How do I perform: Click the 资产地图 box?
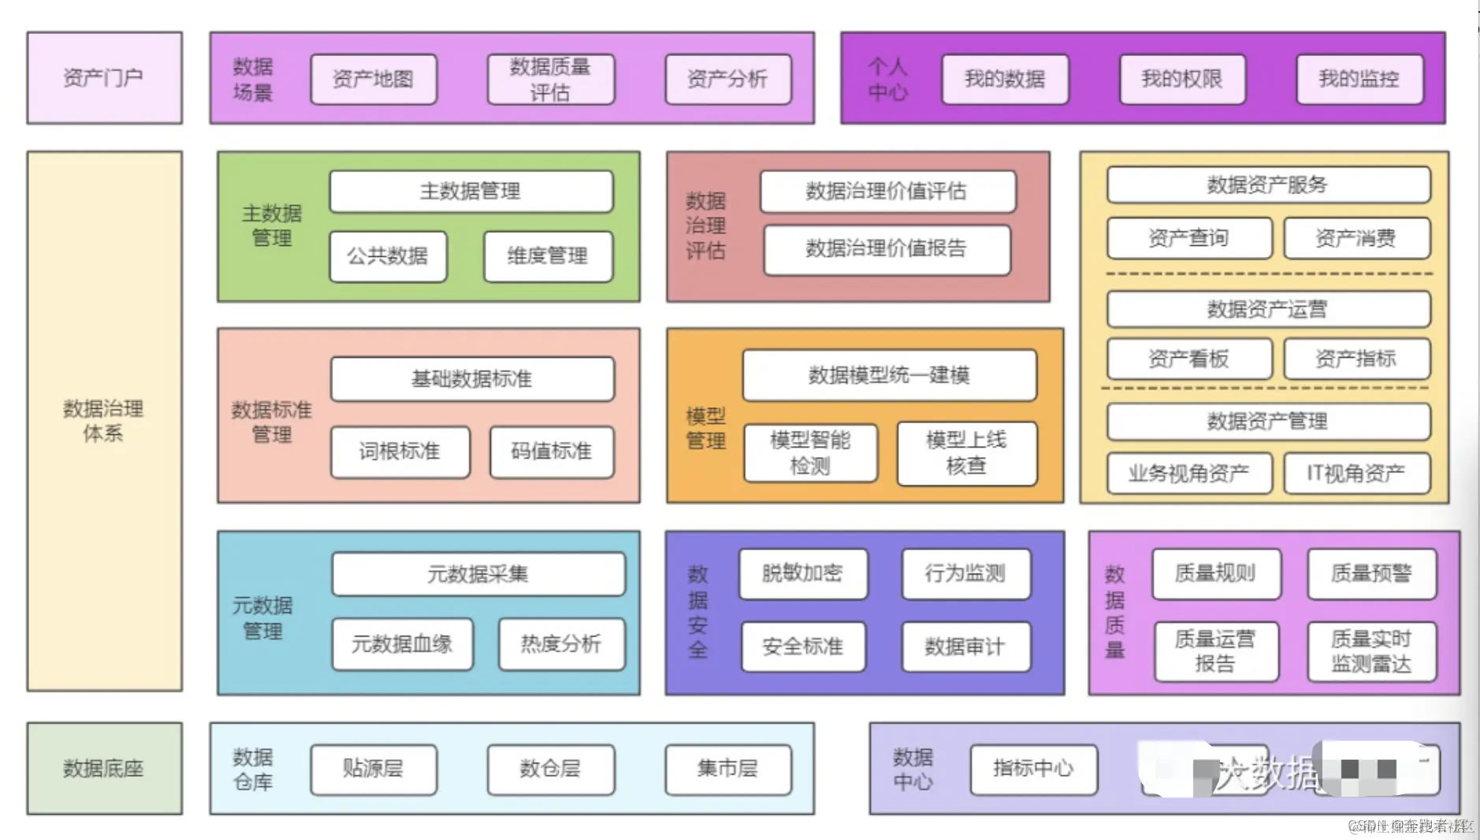tap(374, 79)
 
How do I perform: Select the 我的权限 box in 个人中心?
tap(1182, 79)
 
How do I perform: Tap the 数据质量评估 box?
tap(550, 79)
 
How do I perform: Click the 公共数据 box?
tap(388, 256)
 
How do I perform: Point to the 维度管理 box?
tap(548, 256)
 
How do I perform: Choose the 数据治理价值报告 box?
tap(887, 249)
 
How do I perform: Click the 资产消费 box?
tap(1356, 238)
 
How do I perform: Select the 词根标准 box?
tap(400, 452)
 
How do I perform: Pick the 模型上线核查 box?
tap(966, 453)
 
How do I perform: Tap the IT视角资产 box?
tap(1356, 473)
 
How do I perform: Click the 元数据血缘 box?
tap(402, 644)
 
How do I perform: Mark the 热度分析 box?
tap(561, 644)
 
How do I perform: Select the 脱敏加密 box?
tap(802, 574)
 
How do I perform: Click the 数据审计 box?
tap(965, 647)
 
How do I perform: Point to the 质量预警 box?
tap(1371, 574)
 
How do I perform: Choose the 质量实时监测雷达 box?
tap(1371, 651)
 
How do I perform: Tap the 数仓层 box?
tap(550, 768)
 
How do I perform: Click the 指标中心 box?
tap(1033, 768)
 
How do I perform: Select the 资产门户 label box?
tap(104, 78)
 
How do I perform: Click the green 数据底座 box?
tap(104, 768)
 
